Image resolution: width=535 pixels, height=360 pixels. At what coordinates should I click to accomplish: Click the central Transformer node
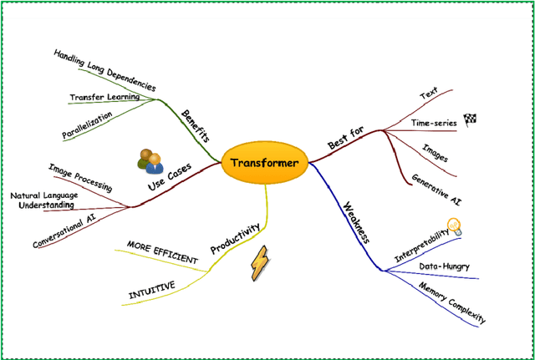coord(263,163)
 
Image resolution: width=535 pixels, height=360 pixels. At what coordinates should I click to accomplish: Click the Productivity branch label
coord(235,238)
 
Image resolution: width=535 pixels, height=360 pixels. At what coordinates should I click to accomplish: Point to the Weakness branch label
coord(354,221)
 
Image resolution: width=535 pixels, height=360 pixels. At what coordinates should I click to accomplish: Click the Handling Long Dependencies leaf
coord(104,71)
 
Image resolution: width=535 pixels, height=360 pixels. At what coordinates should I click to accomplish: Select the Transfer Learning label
coord(104,98)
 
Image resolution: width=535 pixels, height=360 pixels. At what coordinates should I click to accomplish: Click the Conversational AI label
coord(64,231)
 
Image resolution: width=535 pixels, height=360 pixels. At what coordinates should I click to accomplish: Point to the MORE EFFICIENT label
coord(162,253)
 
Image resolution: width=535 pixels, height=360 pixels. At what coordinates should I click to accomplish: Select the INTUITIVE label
coord(151,289)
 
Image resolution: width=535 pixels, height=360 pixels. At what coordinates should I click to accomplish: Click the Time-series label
coord(434,123)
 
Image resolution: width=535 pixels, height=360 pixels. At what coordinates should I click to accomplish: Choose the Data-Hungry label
coord(443,267)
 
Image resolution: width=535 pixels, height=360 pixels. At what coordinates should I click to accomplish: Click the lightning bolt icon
coord(261,264)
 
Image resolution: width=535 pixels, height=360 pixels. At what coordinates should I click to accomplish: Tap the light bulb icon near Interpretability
coord(454,226)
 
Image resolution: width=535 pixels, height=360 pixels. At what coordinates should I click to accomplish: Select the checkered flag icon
coord(470,119)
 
